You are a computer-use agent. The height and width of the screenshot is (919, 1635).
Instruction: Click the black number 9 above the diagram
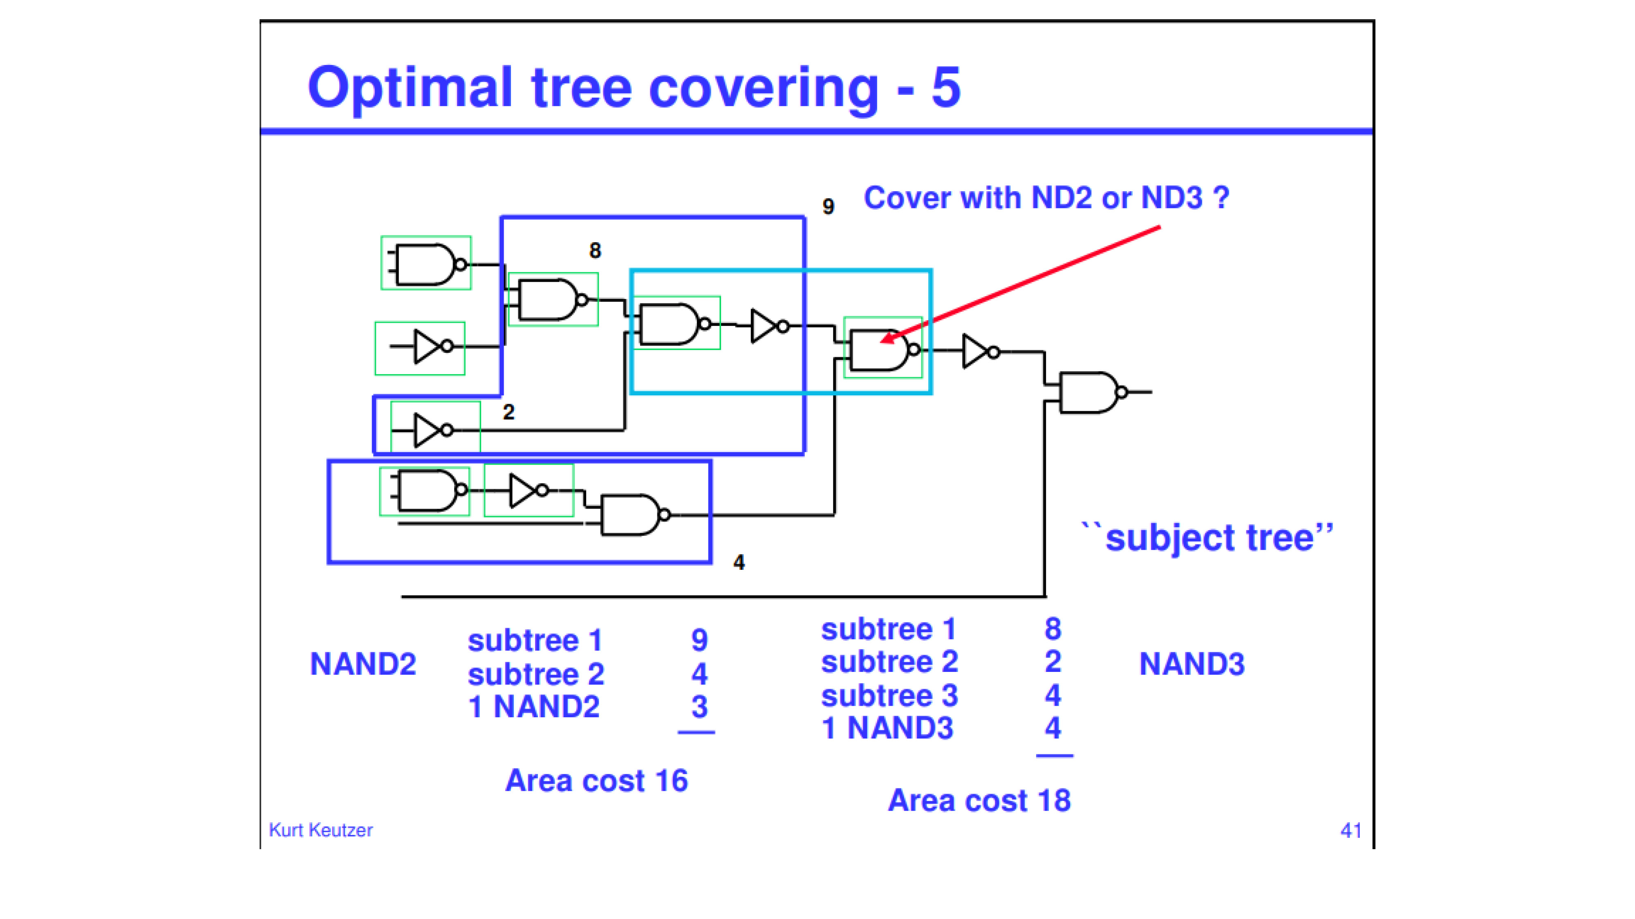point(828,206)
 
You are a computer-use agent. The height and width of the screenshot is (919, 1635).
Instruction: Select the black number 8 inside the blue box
point(595,250)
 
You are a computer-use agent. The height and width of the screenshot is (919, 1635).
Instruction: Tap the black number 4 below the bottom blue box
point(739,562)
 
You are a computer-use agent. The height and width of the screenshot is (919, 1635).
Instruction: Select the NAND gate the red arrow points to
point(882,350)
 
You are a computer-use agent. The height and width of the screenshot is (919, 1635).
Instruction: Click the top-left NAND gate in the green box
point(426,263)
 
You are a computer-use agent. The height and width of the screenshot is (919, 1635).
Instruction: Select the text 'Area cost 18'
point(979,801)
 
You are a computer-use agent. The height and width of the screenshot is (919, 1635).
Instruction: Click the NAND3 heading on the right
point(1192,664)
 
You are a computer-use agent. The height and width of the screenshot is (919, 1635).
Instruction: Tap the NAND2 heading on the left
point(363,664)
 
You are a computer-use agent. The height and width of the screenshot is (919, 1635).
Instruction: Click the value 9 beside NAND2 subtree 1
point(699,640)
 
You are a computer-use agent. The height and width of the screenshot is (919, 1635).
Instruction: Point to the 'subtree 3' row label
point(889,696)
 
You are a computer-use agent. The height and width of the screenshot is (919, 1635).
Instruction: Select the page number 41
point(1351,831)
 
